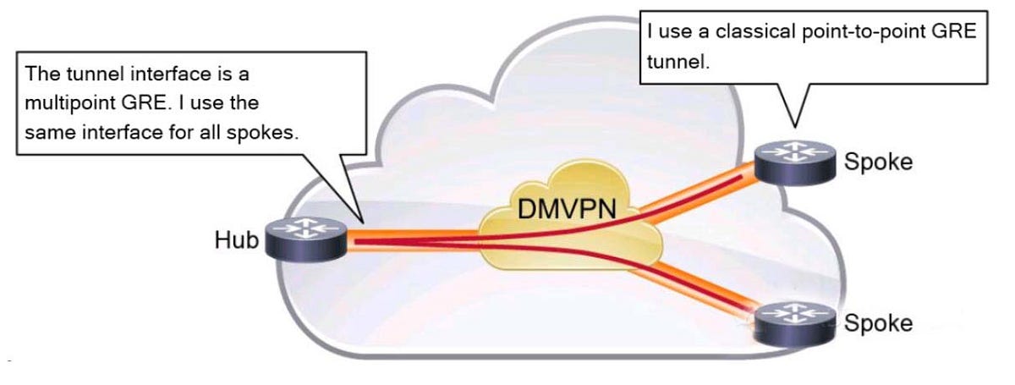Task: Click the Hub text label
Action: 237,240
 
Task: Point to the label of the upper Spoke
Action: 879,162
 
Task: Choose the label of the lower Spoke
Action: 879,322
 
